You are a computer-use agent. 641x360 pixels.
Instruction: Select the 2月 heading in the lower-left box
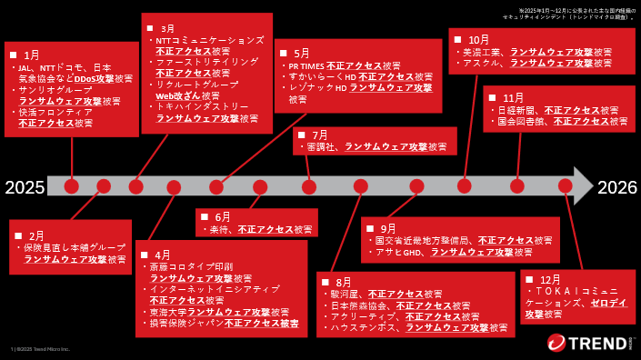click(35, 235)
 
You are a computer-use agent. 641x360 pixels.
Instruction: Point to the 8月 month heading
click(343, 282)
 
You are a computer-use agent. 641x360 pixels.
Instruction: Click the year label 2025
click(24, 187)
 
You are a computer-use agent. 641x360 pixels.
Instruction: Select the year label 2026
click(617, 187)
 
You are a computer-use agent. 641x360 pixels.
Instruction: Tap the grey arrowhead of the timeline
click(582, 185)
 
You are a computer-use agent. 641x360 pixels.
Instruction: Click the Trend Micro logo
click(589, 342)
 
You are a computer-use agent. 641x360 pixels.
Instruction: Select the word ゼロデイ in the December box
click(608, 302)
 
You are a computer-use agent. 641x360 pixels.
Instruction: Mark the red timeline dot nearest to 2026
click(566, 185)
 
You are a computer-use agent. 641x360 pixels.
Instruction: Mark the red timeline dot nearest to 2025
click(72, 186)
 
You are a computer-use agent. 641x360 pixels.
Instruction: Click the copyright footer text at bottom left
click(40, 349)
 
